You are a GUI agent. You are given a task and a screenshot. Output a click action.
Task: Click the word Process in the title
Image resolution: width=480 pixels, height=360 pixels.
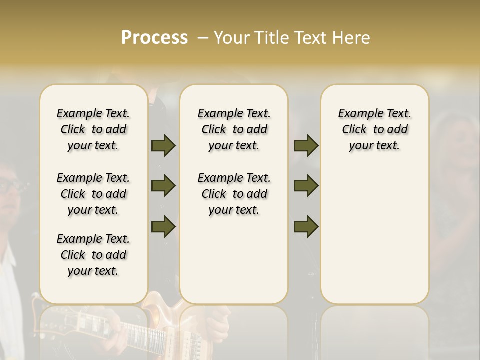point(154,38)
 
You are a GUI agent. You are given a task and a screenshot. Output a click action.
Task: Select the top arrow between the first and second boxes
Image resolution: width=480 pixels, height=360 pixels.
point(163,145)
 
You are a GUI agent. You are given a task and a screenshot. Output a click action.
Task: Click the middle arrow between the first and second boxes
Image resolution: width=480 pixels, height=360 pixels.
point(163,186)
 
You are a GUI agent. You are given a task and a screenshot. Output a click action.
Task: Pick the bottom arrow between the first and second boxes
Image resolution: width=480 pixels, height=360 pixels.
point(163,226)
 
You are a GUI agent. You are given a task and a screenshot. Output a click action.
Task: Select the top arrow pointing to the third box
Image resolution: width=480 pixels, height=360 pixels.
point(306,145)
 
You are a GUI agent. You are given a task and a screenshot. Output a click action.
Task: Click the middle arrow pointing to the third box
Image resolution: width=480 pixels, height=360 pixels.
point(306,186)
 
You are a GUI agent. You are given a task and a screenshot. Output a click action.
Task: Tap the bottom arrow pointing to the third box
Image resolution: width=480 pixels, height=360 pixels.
point(306,226)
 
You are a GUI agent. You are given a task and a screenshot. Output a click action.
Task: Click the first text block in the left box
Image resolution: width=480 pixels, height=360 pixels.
point(93,129)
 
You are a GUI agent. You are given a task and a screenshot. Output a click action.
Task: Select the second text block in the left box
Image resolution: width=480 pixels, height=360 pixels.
point(93,194)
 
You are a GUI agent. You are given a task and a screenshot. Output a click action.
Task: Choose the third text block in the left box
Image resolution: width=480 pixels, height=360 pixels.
point(93,255)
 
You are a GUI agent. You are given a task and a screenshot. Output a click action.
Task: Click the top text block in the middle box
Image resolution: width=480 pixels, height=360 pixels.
point(234,129)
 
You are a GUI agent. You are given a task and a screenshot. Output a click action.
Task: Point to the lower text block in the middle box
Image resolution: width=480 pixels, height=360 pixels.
point(234,194)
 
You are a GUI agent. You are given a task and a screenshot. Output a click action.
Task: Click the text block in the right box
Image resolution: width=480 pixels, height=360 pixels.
point(374,129)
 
